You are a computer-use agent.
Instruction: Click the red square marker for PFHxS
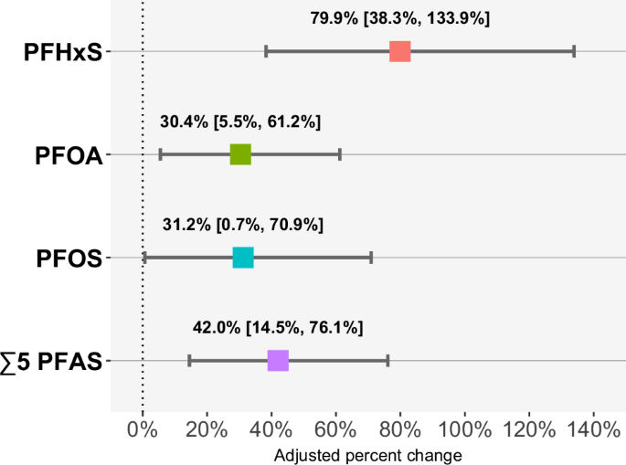click(x=399, y=51)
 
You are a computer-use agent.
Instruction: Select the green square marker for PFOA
click(x=240, y=154)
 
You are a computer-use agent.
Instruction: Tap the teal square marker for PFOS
click(x=243, y=258)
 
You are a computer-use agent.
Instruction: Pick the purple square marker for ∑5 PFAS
click(x=278, y=361)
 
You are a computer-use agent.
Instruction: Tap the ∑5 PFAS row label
click(x=57, y=362)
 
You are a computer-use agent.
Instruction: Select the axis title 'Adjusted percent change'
click(x=367, y=454)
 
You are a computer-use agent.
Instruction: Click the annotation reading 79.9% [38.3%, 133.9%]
click(x=400, y=18)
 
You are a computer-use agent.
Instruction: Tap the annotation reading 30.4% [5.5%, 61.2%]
click(x=240, y=122)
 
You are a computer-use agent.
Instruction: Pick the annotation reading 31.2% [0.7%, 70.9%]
click(x=243, y=225)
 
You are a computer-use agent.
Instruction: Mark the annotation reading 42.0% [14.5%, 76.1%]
click(x=278, y=328)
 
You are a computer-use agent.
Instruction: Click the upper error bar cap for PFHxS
click(x=574, y=51)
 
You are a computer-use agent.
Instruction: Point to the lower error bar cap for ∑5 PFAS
click(x=189, y=361)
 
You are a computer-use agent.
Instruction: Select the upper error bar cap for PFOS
click(x=371, y=258)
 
